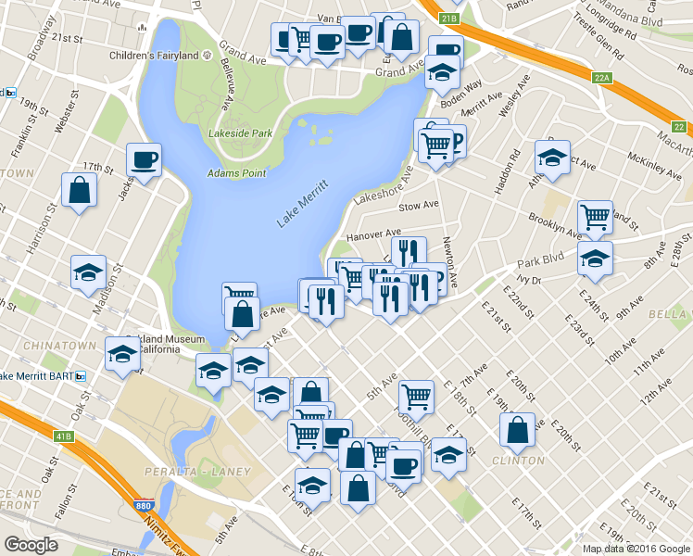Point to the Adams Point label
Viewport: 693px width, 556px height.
(236, 173)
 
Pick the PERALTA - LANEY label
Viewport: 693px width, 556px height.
(197, 472)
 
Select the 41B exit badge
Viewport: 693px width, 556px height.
(62, 435)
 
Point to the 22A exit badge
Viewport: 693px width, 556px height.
(602, 79)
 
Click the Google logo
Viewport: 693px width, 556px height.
(31, 544)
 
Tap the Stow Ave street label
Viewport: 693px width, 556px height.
(418, 206)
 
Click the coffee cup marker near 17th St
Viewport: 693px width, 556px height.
(144, 159)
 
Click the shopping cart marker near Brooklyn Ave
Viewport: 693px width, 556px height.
(595, 217)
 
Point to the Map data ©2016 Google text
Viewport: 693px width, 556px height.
(636, 549)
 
